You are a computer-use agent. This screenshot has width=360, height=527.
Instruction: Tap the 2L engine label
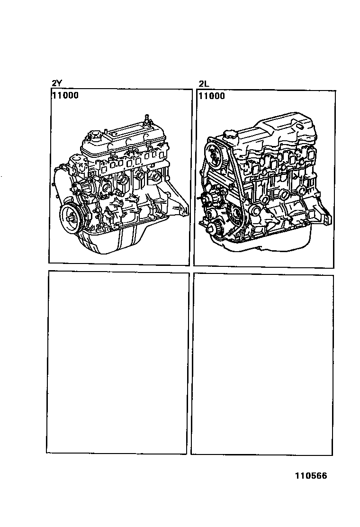click(204, 84)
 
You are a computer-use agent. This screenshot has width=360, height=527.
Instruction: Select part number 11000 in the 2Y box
click(65, 95)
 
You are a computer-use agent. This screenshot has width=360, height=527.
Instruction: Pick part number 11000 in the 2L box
click(212, 96)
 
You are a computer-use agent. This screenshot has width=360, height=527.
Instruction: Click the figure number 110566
click(311, 475)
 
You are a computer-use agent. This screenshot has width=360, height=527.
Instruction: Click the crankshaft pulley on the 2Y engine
click(71, 217)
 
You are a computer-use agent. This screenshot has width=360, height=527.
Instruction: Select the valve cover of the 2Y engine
click(124, 139)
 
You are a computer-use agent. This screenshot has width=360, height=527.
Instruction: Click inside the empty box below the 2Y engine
click(117, 363)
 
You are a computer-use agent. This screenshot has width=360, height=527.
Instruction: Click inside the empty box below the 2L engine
click(262, 364)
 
